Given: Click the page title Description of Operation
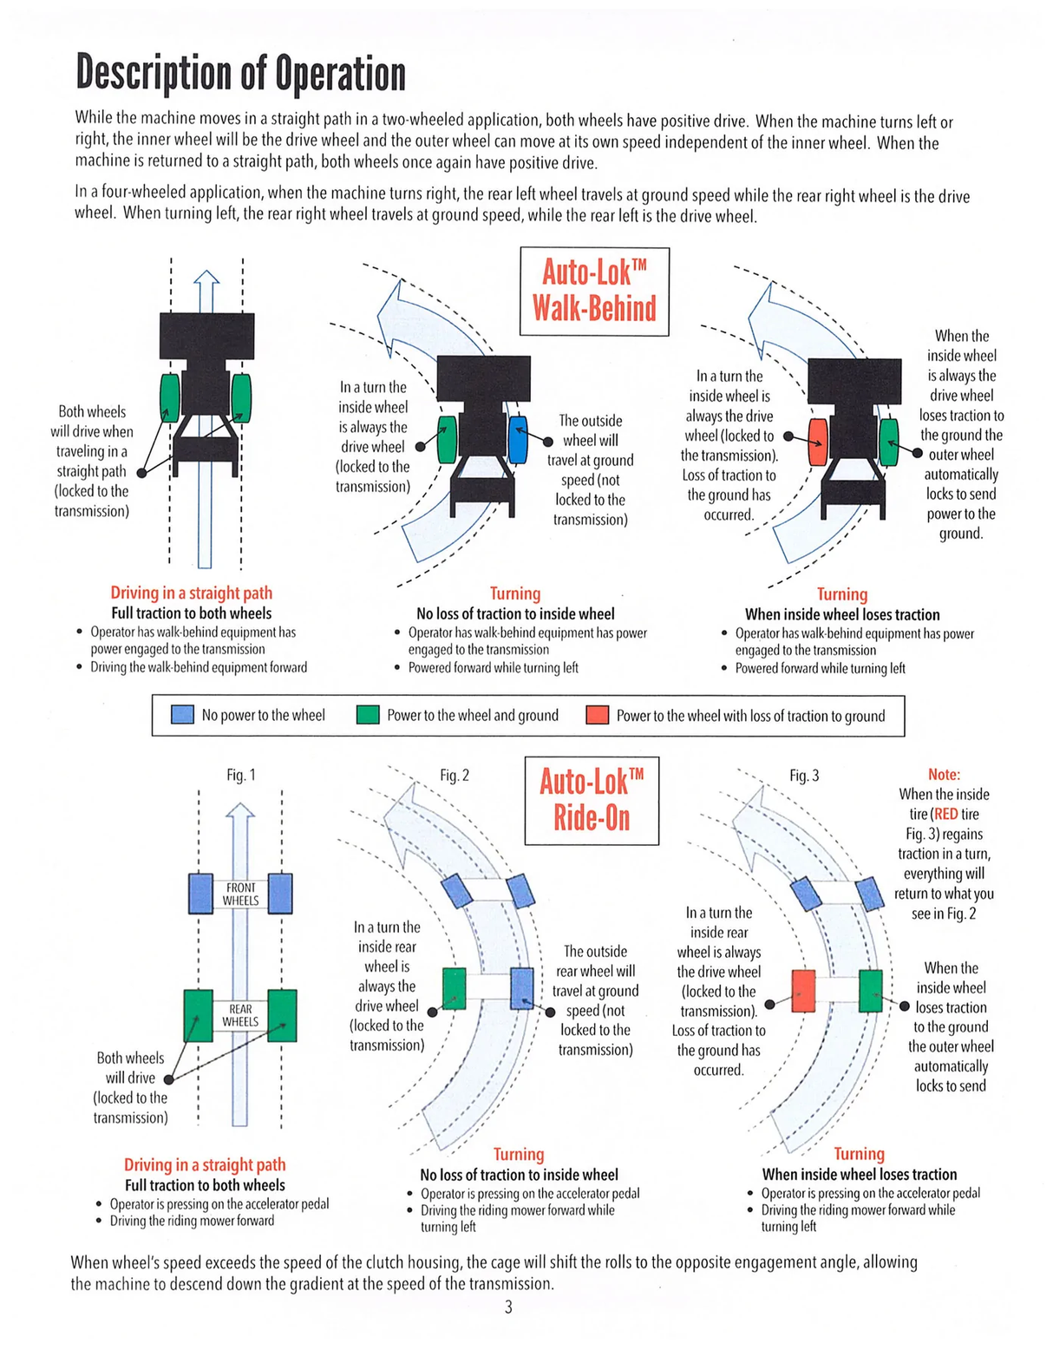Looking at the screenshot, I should pos(240,73).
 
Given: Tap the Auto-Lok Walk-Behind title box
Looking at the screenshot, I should pos(594,291).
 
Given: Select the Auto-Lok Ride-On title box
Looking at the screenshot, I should pos(592,800).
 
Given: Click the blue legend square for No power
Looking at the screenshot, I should pos(182,715).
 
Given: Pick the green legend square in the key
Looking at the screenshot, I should pos(368,715).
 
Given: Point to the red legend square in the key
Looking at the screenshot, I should pos(597,715).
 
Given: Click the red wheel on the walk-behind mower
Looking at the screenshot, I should pos(817,442).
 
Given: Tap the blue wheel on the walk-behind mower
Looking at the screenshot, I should pos(517,440).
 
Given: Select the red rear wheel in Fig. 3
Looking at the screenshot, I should pos(804,991).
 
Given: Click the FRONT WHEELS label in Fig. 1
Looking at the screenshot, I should pos(240,894).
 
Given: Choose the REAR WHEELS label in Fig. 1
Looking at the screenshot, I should pos(240,1015).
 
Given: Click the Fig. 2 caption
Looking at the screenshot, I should pos(454,775).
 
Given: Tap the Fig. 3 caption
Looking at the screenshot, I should pos(804,775).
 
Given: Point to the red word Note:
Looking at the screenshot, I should pos(944,774).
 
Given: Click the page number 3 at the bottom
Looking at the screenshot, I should pos(508,1307).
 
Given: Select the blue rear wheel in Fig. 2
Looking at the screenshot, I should pos(522,988).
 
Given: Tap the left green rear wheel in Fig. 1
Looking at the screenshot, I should pos(199,1015).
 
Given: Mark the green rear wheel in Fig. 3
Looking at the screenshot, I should pos(870,991).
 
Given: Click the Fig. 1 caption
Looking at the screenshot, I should pos(241,775).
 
